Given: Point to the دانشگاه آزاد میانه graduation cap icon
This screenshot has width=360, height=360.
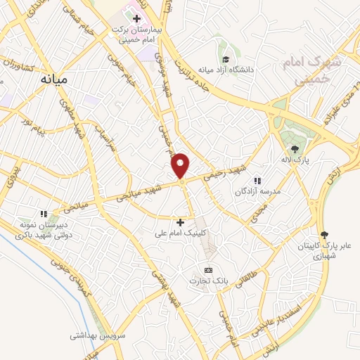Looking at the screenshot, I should (226, 59).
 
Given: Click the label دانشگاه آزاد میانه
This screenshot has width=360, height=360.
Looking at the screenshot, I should (225, 70).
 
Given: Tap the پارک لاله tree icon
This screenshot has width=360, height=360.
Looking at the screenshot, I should (295, 149).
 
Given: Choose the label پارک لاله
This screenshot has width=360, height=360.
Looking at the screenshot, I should (297, 160).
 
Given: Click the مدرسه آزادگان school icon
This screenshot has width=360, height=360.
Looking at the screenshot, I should (258, 181).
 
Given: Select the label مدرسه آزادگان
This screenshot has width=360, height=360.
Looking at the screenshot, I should (259, 191).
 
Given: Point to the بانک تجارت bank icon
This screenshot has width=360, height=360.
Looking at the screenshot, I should (208, 270).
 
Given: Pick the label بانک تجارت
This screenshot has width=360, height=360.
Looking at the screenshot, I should (206, 281).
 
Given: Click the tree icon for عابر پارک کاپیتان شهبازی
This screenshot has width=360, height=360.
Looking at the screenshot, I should (324, 235).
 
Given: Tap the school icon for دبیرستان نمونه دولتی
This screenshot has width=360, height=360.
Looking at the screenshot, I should (44, 214).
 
